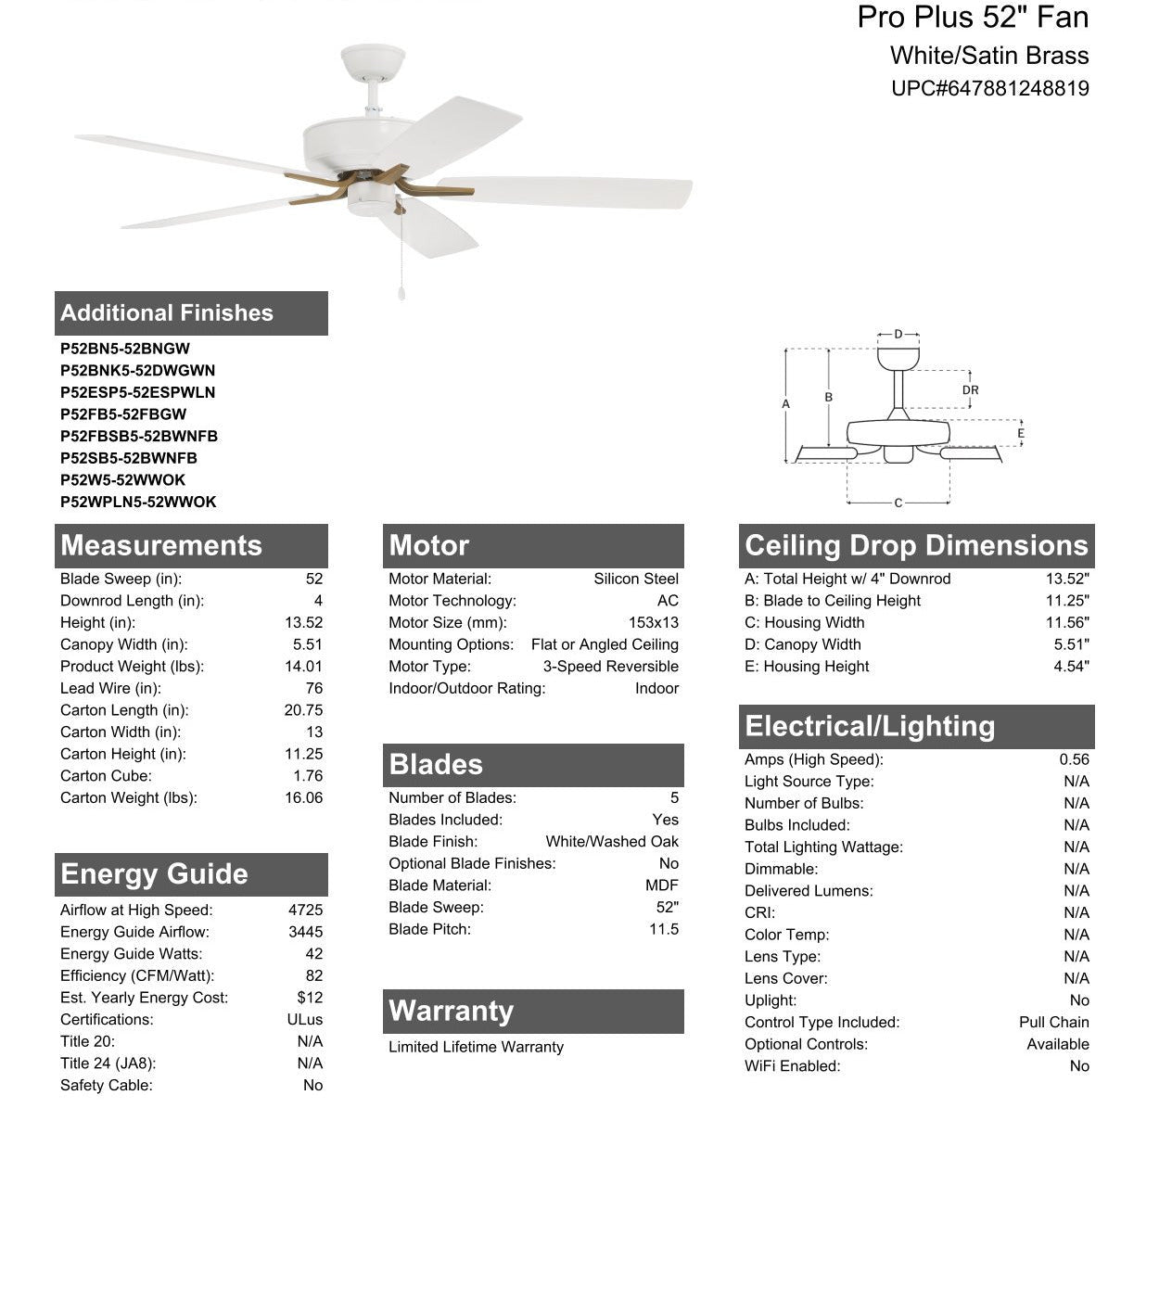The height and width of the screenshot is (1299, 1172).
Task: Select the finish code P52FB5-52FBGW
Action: coord(123,414)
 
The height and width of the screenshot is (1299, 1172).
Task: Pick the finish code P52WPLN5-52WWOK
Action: coord(138,502)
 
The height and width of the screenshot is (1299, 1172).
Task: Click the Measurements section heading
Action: coord(161,545)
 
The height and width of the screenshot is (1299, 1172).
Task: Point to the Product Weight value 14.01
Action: coord(303,667)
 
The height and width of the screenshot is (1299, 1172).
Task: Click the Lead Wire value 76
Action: coord(313,688)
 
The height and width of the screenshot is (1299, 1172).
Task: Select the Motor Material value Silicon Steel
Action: coord(636,579)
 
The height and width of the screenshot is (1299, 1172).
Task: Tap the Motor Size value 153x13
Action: coord(653,623)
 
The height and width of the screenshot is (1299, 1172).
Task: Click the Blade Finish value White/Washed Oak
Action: coord(612,842)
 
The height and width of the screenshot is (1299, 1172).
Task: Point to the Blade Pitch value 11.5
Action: coord(664,929)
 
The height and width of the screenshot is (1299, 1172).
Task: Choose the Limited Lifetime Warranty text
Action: coord(476,1047)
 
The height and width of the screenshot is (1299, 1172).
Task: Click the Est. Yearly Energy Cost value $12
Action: coord(310,998)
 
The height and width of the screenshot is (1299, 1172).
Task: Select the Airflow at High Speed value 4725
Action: coord(305,910)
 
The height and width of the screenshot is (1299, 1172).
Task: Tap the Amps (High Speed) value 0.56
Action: coord(1074,759)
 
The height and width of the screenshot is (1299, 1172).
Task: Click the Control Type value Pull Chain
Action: coord(1053,1022)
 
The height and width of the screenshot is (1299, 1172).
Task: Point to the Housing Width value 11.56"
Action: coord(1067,623)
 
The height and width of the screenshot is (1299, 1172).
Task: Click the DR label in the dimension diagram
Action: coord(970,390)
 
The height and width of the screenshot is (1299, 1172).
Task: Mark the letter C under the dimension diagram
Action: coord(898,503)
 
